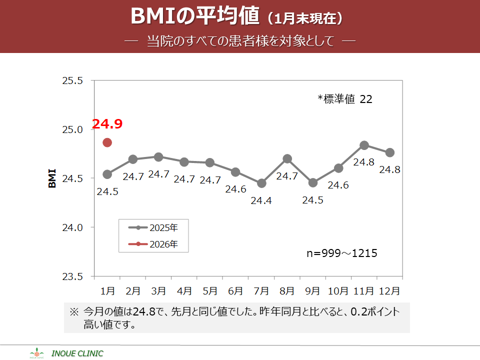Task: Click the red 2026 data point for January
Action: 107,142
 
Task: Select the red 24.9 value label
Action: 107,123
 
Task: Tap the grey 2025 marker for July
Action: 261,183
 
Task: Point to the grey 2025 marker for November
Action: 364,145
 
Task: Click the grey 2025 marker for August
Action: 287,159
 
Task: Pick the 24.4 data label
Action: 261,200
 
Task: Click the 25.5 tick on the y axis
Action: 72,80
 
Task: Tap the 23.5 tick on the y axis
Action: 72,276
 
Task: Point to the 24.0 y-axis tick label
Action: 72,227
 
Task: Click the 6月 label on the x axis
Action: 235,290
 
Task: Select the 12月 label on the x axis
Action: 389,290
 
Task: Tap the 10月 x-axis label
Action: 338,290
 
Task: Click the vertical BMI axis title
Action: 52,178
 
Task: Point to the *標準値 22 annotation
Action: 345,99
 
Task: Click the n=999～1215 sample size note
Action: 341,253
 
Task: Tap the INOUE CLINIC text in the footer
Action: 77,353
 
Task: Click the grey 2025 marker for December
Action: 389,152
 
